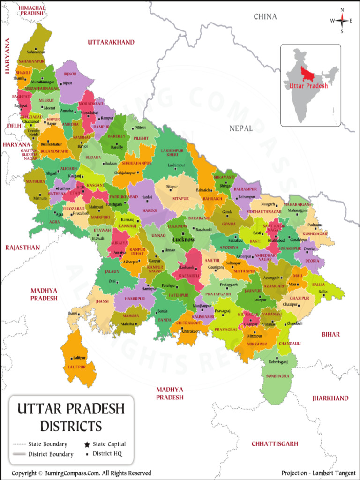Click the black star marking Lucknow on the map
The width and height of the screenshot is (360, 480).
point(183,233)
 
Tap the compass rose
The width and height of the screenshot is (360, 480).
point(342,21)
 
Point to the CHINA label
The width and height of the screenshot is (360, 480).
point(265,17)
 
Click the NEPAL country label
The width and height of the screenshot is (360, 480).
point(241,128)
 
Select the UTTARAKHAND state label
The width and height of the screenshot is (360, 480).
point(111,43)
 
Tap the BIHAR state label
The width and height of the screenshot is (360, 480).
point(330,335)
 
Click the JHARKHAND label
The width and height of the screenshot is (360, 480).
point(330,398)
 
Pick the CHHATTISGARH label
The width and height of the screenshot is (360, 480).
point(275,443)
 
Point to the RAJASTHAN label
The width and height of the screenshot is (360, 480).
point(22,247)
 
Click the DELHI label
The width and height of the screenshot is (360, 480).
point(15,126)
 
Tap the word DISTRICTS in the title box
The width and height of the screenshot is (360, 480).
point(71,426)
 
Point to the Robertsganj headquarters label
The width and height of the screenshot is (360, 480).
point(278,362)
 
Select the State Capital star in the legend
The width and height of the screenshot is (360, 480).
point(87,444)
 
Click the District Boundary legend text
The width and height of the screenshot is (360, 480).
point(51,454)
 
